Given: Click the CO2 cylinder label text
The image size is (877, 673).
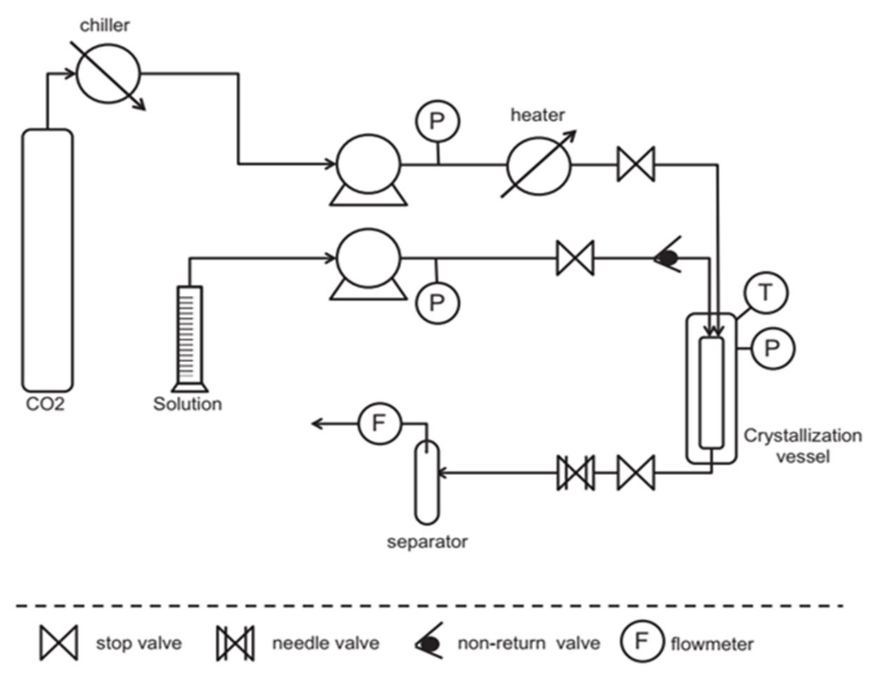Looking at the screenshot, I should coord(45,404).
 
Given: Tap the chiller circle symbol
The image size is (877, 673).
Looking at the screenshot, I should coord(108,74).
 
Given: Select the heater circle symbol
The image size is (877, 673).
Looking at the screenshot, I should coord(539,166).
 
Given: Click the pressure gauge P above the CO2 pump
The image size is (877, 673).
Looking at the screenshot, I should coord(437,121).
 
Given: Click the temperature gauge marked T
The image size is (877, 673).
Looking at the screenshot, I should coord(766,292).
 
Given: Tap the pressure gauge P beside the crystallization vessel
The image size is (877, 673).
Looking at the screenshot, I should coord(772,348).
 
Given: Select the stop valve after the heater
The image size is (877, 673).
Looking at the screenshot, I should coord(635,164).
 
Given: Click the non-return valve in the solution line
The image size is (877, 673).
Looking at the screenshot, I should coord(667,259).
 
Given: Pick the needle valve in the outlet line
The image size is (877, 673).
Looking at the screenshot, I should coord(575,473).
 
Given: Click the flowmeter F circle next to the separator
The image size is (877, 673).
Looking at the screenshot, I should coord(379,423).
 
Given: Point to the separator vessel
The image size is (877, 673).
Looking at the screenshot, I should coord(426,483).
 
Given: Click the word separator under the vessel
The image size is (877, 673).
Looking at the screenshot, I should coord(427,541).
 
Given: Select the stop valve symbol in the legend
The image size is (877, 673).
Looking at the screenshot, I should coord(58,643).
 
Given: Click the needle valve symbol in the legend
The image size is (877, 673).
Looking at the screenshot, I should coord(235,643).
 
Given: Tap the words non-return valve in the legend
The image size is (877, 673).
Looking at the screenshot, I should coord(529,643).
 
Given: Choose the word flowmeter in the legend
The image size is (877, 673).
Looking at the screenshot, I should coord(712,645).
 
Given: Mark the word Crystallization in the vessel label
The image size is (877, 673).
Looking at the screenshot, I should coord(802,435).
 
